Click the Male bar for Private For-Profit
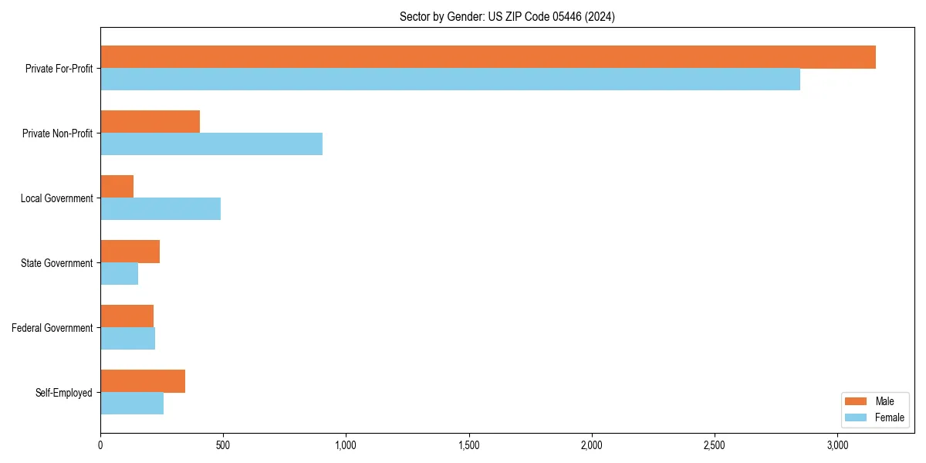pyautogui.click(x=488, y=57)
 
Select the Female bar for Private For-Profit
pyautogui.click(x=450, y=79)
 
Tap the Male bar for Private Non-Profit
pyautogui.click(x=150, y=122)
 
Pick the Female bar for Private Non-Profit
pyautogui.click(x=211, y=144)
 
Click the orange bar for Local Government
pyautogui.click(x=117, y=187)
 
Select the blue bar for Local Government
pyautogui.click(x=161, y=209)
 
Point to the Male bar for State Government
pyautogui.click(x=130, y=252)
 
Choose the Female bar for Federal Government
pyautogui.click(x=128, y=339)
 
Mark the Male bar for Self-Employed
pyautogui.click(x=143, y=381)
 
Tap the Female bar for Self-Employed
pyautogui.click(x=132, y=404)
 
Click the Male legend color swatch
pyautogui.click(x=857, y=401)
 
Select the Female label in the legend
pyautogui.click(x=890, y=417)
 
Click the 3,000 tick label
pyautogui.click(x=837, y=445)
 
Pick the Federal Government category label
pyautogui.click(x=52, y=328)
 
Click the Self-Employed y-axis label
pyautogui.click(x=64, y=393)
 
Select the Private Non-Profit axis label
pyautogui.click(x=58, y=133)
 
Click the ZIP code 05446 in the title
pyautogui.click(x=563, y=16)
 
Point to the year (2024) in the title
pyautogui.click(x=600, y=16)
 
